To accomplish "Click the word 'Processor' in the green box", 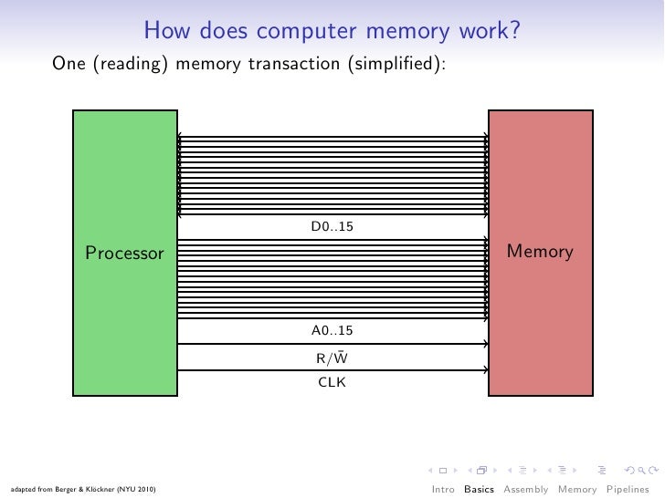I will click(x=124, y=253).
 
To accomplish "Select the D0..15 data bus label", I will click(x=332, y=226).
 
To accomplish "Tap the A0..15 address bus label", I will click(x=332, y=330).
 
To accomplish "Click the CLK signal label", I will click(x=332, y=382).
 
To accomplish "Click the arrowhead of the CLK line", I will click(x=485, y=370).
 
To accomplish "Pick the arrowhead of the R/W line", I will click(x=485, y=344).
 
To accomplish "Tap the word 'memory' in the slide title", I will click(x=407, y=32).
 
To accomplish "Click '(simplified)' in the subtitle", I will click(x=397, y=65).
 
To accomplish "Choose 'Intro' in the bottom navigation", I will click(x=443, y=489).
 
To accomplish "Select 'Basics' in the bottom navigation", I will click(x=479, y=489).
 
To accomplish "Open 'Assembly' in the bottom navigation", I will click(x=527, y=489).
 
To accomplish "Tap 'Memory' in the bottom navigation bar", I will click(x=577, y=489).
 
